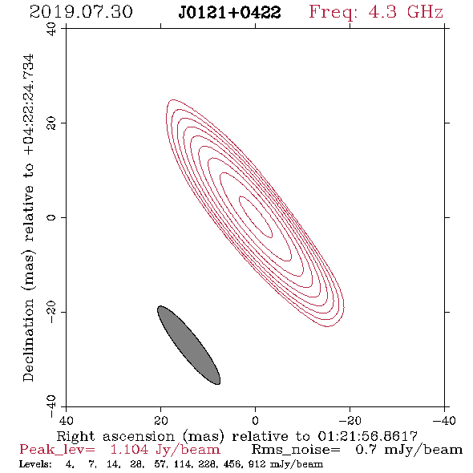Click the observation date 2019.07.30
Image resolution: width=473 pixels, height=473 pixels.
(x=81, y=12)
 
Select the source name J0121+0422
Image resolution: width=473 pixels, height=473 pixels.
(x=229, y=13)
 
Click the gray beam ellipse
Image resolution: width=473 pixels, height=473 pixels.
(x=189, y=345)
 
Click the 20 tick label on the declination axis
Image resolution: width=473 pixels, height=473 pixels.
(x=51, y=123)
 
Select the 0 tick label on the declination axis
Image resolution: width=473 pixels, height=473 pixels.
(x=51, y=217)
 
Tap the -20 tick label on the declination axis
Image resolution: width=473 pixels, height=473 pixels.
(x=51, y=312)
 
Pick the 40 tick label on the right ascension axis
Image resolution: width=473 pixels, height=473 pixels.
(x=66, y=421)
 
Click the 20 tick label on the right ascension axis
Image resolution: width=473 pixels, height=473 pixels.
(x=160, y=421)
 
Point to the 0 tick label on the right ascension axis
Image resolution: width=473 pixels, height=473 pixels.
(x=255, y=421)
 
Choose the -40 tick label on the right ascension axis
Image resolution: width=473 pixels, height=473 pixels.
(x=444, y=421)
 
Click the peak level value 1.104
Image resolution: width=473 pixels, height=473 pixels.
(x=129, y=450)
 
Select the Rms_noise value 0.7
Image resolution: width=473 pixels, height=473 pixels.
(x=366, y=450)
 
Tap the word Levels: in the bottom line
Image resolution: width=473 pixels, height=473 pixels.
(x=35, y=464)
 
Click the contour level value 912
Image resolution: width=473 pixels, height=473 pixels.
(x=258, y=464)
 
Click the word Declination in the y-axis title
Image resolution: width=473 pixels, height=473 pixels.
(x=28, y=341)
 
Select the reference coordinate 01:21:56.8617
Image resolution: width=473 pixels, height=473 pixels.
(x=368, y=436)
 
